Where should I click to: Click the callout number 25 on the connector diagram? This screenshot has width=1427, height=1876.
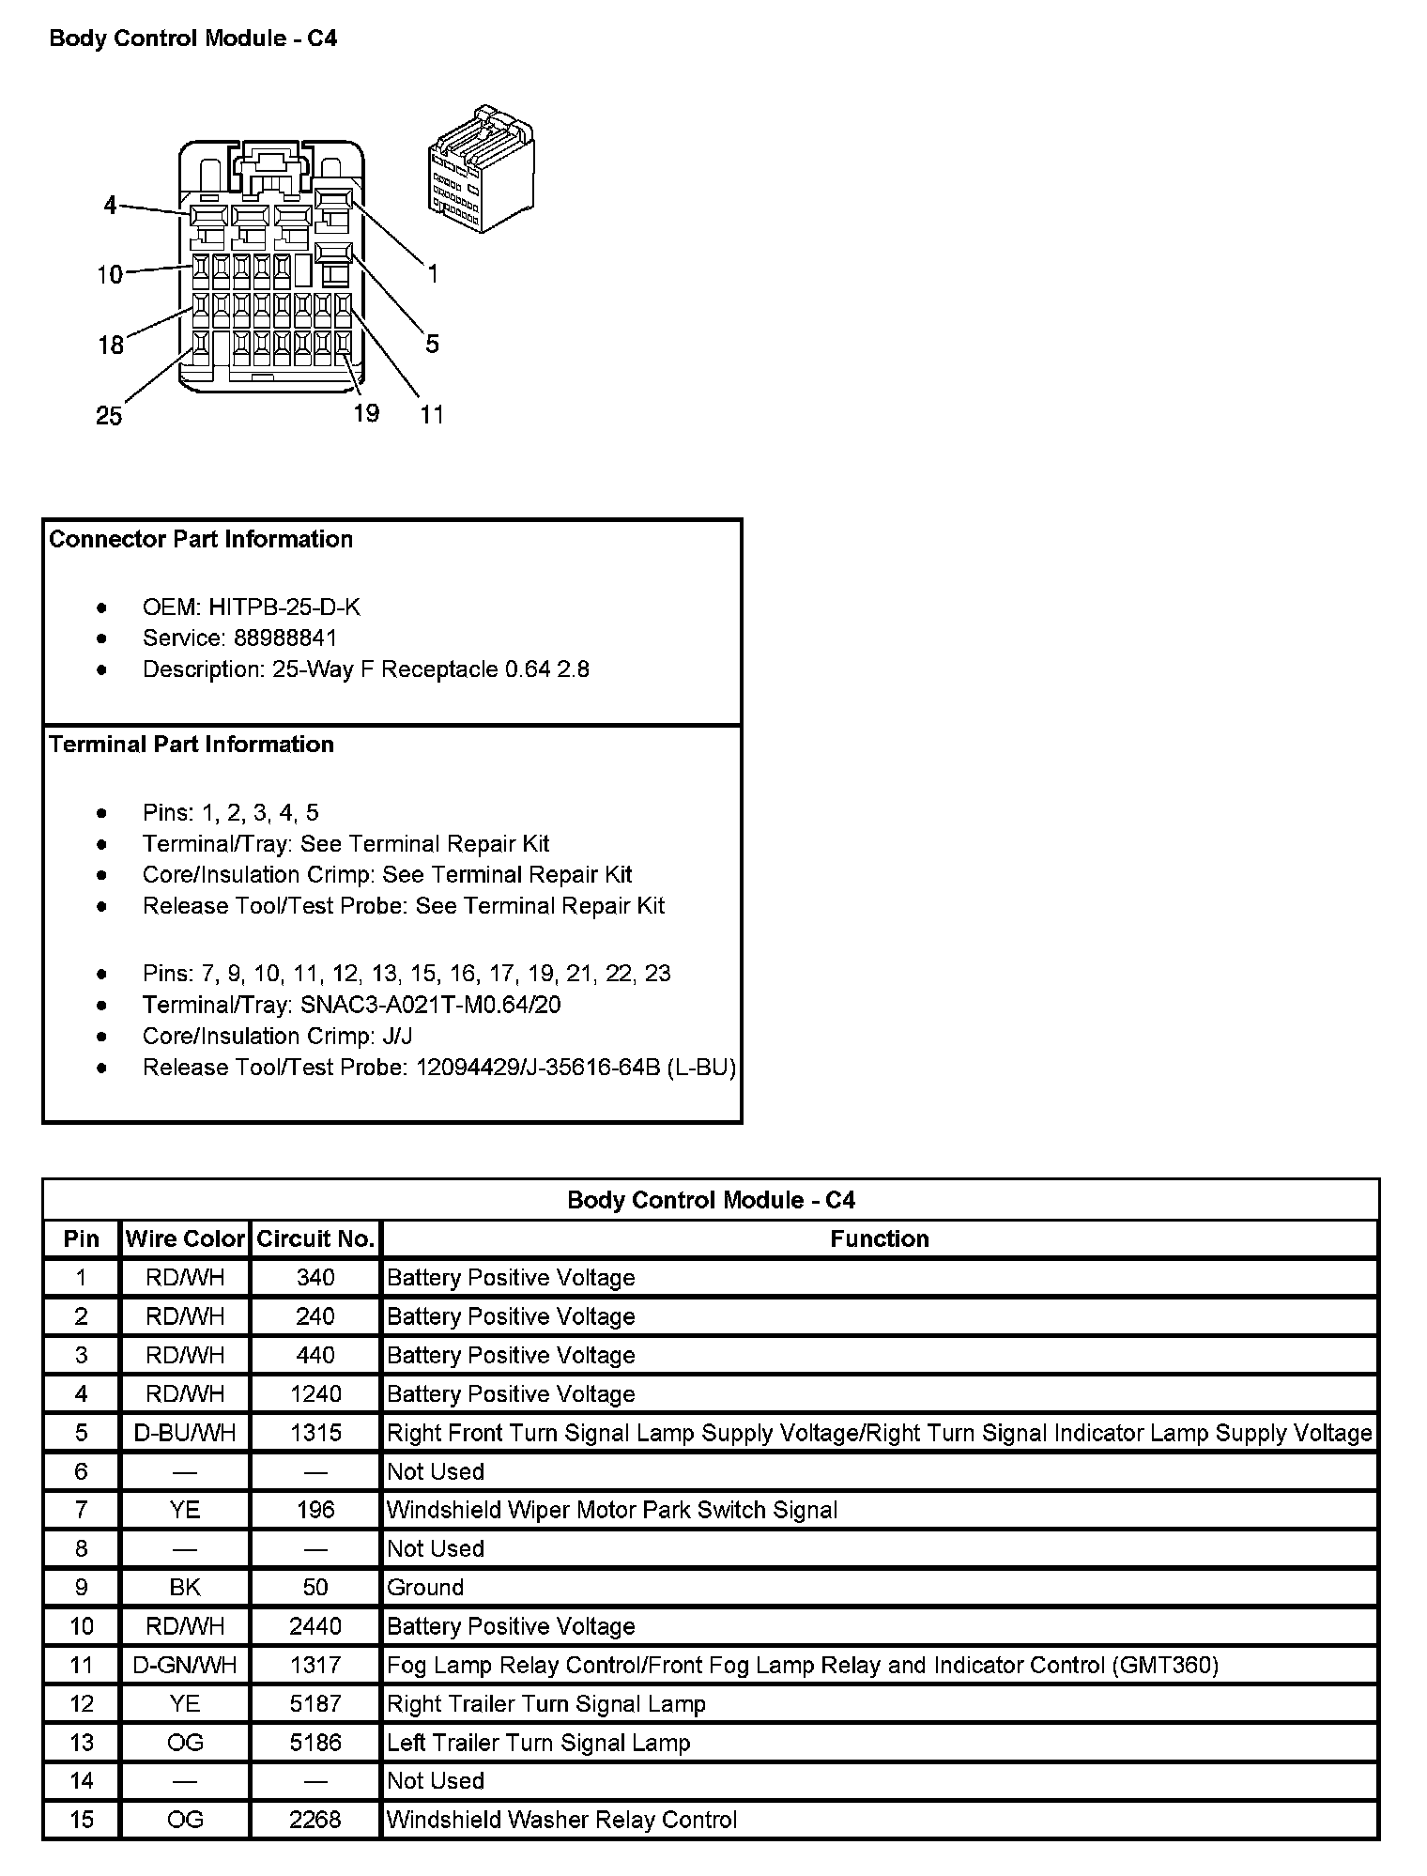coord(109,416)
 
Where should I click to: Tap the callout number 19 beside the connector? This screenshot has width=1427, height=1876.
coord(366,413)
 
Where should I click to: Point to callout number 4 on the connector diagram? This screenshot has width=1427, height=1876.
coord(111,205)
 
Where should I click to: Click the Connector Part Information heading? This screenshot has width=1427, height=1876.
coord(201,540)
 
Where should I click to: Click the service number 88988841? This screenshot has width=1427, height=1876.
coord(285,638)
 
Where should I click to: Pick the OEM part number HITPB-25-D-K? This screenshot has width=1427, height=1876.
coord(284,607)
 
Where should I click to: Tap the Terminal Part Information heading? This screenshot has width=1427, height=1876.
coord(192,745)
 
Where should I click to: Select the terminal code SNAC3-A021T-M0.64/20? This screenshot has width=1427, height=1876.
coord(431,1006)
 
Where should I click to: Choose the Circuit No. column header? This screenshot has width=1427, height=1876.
coord(315,1239)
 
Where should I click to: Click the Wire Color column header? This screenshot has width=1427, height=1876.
coord(185,1239)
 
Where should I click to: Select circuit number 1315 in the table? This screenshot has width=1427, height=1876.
coord(315,1433)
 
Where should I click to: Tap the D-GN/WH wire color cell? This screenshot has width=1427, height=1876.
coord(185,1665)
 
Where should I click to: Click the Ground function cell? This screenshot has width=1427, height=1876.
coord(426,1588)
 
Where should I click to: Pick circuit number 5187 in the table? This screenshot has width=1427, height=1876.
coord(315,1704)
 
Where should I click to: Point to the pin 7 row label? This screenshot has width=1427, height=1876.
coord(82,1510)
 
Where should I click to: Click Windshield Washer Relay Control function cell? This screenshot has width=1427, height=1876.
coord(561,1820)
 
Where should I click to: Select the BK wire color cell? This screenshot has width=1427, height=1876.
coord(185,1588)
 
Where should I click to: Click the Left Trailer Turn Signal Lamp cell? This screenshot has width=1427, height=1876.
coord(539,1743)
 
